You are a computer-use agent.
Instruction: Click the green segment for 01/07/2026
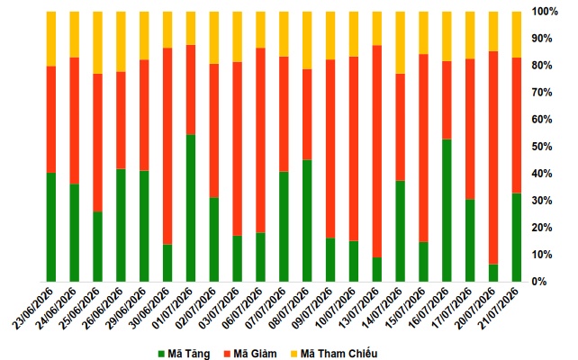click(x=191, y=208)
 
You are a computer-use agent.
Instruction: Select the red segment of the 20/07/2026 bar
click(x=493, y=157)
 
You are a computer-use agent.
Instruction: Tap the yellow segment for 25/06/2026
click(x=97, y=42)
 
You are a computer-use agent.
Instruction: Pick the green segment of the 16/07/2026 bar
click(x=447, y=211)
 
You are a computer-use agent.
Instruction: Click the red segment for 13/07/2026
click(x=376, y=151)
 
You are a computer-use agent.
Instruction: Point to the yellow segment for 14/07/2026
click(x=400, y=42)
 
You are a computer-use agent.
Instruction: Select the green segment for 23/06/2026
click(x=51, y=228)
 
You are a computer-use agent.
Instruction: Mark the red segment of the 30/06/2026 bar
click(x=167, y=147)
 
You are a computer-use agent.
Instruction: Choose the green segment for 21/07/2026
click(x=517, y=238)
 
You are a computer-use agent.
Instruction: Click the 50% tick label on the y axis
click(x=541, y=147)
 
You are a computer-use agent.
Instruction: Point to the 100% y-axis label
click(x=545, y=12)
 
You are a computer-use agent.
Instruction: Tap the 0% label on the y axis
click(x=539, y=282)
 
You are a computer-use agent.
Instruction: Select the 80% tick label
click(x=541, y=66)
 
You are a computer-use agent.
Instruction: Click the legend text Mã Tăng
click(x=189, y=354)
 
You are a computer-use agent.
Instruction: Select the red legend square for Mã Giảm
click(x=227, y=354)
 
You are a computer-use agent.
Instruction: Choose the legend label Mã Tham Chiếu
click(x=339, y=354)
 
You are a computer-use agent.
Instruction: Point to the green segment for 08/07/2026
click(x=307, y=221)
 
